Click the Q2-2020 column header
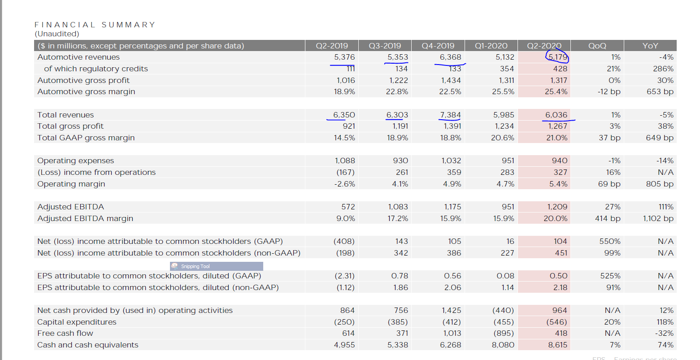pos(544,46)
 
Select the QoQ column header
pos(597,46)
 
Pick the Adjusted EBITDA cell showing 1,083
pos(398,207)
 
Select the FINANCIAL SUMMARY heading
pos(95,25)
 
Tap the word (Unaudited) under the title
pos(57,34)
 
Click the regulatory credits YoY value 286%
pos(663,69)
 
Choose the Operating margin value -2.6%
pos(344,184)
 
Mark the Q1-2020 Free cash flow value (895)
pos(504,333)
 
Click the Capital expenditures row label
pos(77,322)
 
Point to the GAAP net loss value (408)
pos(344,241)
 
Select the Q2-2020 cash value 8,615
pos(557,345)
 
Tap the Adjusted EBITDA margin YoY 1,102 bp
pos(658,218)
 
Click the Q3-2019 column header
pos(385,46)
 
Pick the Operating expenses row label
pos(75,160)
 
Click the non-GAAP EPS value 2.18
pos(560,287)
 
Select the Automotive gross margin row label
pos(86,91)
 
